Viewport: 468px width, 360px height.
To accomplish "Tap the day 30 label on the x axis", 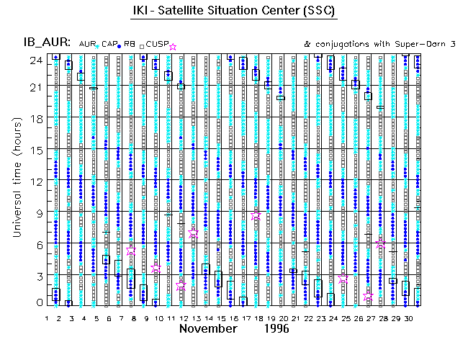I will (x=407, y=318).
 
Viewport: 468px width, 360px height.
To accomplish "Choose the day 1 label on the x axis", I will (x=47, y=318).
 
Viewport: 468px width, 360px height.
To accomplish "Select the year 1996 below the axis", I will (x=276, y=329).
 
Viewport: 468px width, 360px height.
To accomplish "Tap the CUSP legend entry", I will (x=156, y=45).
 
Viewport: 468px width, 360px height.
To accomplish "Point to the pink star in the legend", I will (x=172, y=47).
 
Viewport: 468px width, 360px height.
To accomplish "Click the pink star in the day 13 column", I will (x=193, y=234).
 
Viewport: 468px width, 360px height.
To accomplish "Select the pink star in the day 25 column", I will (x=343, y=279).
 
